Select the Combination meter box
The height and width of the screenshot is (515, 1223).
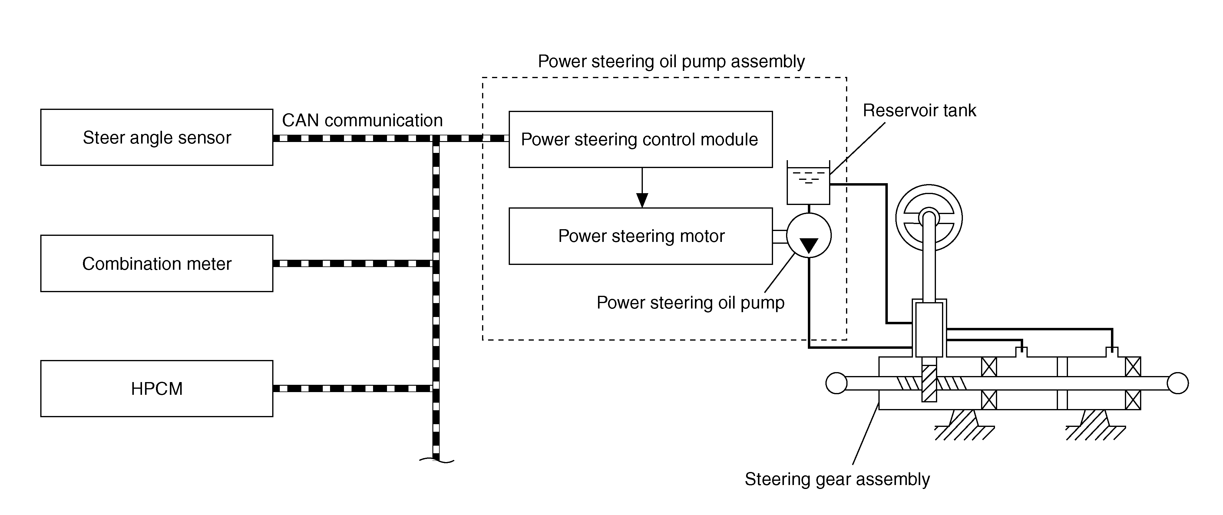point(157,263)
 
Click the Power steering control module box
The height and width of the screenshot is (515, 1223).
point(640,140)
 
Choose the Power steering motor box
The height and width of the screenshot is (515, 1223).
point(640,236)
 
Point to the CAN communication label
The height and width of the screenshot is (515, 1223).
point(362,120)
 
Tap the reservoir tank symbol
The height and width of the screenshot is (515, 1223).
point(808,184)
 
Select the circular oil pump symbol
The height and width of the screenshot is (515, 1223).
point(808,235)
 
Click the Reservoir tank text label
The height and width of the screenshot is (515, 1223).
point(919,111)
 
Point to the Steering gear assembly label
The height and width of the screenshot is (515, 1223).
point(837,479)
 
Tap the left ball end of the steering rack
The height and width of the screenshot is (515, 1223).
point(836,383)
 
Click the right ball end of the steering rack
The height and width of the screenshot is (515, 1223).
point(1177,383)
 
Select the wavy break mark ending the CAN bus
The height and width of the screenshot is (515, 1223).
point(436,460)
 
